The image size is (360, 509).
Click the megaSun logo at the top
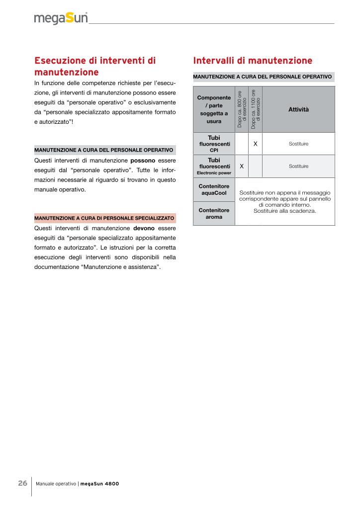pyautogui.click(x=61, y=18)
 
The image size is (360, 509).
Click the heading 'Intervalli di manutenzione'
pyautogui.click(x=253, y=61)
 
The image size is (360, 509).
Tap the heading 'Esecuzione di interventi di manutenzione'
pyautogui.click(x=95, y=66)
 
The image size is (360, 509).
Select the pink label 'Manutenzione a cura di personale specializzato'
pyautogui.click(x=104, y=218)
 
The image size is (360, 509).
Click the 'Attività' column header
pyautogui.click(x=298, y=109)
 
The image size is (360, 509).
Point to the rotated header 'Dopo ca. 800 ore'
pyautogui.click(x=242, y=109)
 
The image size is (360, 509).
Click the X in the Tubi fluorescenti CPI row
pyautogui.click(x=255, y=144)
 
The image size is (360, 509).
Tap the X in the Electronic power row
pyautogui.click(x=242, y=166)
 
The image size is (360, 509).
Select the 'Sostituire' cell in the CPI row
pyautogui.click(x=298, y=144)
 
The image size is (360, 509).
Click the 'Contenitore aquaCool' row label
pyautogui.click(x=214, y=189)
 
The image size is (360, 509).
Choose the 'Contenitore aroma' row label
pyautogui.click(x=214, y=214)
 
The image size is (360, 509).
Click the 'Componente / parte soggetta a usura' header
pyautogui.click(x=214, y=109)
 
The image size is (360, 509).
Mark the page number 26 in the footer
pyautogui.click(x=23, y=483)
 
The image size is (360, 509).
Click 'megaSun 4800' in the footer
pyautogui.click(x=99, y=484)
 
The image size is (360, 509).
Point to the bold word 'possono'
pyautogui.click(x=143, y=161)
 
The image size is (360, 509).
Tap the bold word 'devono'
pyautogui.click(x=144, y=228)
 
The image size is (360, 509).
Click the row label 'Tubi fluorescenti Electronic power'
pyautogui.click(x=214, y=167)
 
